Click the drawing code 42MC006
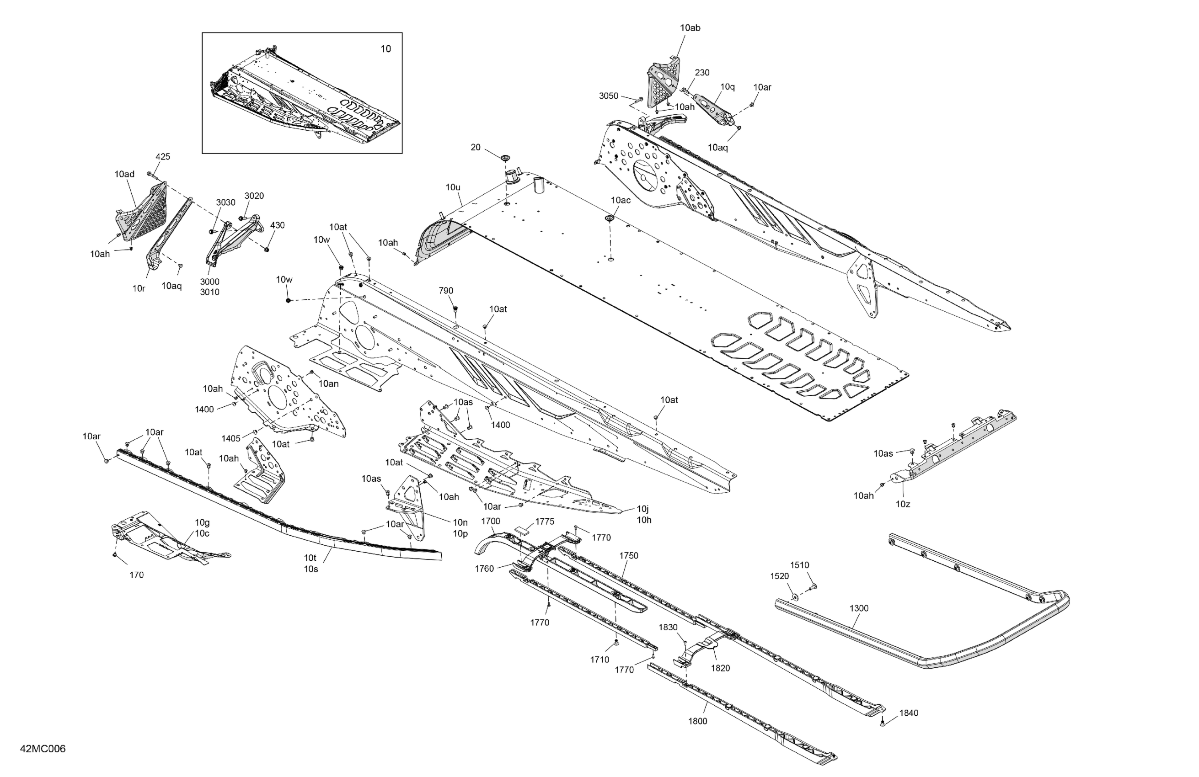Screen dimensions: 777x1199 (x=43, y=749)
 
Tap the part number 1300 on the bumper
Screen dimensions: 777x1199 (x=858, y=608)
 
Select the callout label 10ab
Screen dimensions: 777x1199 (x=690, y=28)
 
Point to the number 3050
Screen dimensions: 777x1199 (x=608, y=96)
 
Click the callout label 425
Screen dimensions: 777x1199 (x=162, y=157)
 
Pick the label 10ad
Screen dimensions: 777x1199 (x=124, y=174)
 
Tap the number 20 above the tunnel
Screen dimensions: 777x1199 (x=475, y=147)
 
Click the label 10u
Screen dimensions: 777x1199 (x=453, y=187)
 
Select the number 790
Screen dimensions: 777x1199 (x=445, y=291)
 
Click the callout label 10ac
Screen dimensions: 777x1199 (x=620, y=200)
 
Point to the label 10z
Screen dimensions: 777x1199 (x=903, y=504)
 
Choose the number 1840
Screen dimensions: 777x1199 (x=908, y=713)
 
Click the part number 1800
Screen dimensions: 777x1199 (x=697, y=721)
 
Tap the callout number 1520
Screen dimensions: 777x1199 (x=779, y=576)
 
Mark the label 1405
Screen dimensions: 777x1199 (x=231, y=439)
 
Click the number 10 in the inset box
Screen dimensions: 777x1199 (x=385, y=49)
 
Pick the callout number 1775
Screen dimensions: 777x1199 (x=544, y=521)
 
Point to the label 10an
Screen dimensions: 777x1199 (x=328, y=384)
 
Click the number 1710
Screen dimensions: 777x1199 (x=599, y=659)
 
